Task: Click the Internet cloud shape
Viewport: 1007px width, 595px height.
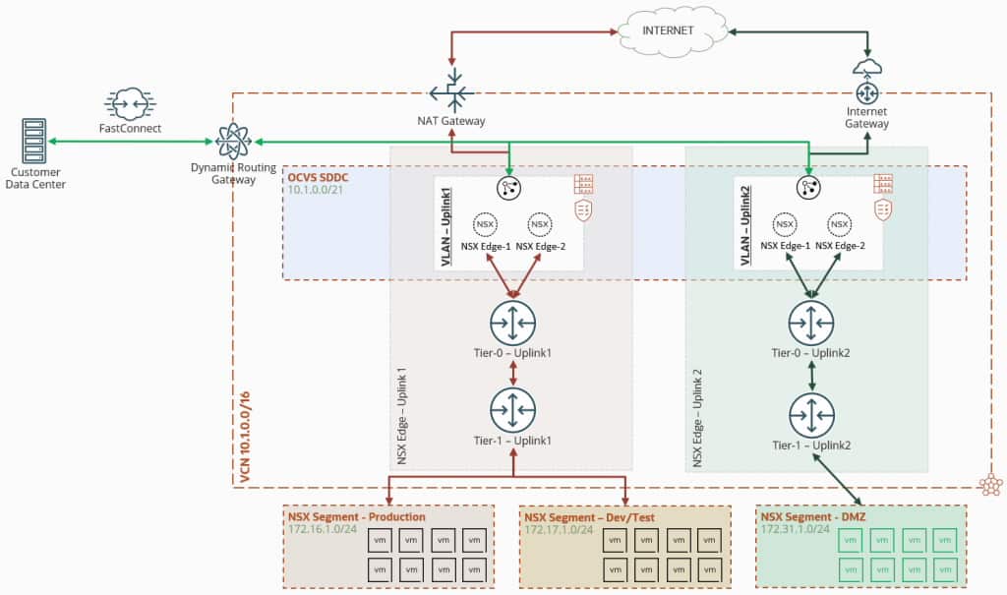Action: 668,30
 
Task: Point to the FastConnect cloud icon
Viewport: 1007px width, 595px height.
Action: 130,103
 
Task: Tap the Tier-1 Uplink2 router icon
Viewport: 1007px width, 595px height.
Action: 810,415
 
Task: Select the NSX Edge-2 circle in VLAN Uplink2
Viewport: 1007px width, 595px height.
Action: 839,223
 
